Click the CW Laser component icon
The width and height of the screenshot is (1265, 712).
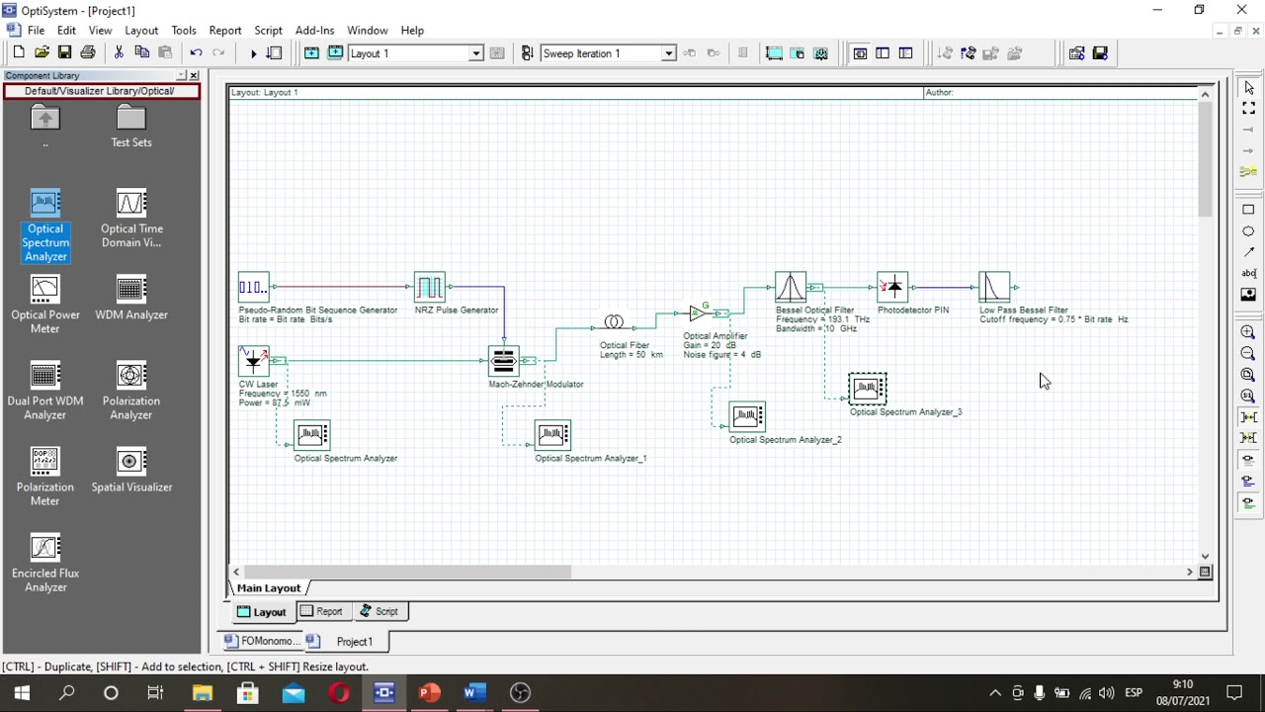254,361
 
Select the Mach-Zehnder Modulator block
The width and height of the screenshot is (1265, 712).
503,361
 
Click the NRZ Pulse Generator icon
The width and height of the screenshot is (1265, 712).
429,287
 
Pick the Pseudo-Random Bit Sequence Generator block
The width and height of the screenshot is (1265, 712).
254,287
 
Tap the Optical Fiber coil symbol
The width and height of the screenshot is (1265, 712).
614,322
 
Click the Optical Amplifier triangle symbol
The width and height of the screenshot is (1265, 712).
698,312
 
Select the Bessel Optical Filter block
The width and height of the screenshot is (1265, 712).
791,287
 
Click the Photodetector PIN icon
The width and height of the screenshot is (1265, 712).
892,287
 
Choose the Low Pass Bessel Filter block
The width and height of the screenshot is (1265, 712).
994,287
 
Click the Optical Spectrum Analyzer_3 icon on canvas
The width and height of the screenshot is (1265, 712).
868,389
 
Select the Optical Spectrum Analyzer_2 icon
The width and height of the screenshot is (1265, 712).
747,416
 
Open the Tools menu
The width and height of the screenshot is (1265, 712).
184,31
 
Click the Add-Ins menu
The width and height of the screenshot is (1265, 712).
314,31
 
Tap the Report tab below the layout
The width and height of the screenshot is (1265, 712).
322,611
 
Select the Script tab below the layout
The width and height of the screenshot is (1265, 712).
379,611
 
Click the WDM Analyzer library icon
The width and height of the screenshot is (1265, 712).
131,289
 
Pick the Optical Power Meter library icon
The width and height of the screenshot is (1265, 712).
45,289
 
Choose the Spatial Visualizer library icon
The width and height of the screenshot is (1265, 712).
131,461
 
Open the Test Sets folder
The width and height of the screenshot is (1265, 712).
131,118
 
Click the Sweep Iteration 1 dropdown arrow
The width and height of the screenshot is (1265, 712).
669,53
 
